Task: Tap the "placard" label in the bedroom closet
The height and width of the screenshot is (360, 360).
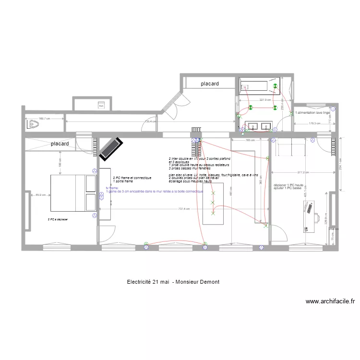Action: (x=60, y=144)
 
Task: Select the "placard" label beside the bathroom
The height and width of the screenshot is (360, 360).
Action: (x=210, y=84)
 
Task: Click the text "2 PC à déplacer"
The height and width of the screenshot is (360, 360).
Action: (x=58, y=219)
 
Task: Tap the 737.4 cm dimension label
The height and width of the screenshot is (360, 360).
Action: (x=184, y=209)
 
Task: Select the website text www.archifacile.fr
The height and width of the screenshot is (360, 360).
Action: (x=330, y=302)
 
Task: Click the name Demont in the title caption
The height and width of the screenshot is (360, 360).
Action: (x=209, y=282)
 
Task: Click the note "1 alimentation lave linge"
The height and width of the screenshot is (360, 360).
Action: (x=313, y=112)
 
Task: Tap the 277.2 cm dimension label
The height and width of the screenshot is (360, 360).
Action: (x=302, y=172)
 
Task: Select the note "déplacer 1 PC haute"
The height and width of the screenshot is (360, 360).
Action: (x=288, y=185)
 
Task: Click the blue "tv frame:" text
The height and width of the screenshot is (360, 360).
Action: (x=112, y=188)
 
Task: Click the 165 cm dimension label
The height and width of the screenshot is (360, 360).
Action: (x=250, y=140)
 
